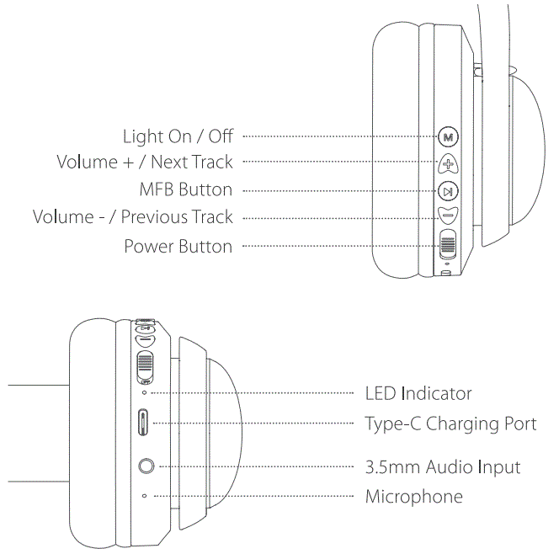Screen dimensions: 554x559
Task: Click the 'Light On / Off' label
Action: click(178, 136)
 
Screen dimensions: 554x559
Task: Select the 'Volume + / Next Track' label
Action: click(144, 162)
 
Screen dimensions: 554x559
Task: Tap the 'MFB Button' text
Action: click(185, 189)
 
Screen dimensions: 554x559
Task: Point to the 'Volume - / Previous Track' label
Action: click(132, 217)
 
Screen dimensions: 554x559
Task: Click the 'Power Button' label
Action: click(178, 247)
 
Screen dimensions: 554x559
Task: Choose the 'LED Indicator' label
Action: click(418, 393)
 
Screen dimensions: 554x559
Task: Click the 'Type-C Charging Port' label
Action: click(450, 423)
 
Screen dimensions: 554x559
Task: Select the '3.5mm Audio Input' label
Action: click(443, 466)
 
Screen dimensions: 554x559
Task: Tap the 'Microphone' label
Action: click(413, 496)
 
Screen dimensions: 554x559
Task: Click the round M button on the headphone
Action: click(448, 136)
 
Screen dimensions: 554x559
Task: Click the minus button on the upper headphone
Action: click(447, 216)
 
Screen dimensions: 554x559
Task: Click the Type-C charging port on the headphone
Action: click(144, 422)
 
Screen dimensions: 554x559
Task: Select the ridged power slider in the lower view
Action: click(145, 364)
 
